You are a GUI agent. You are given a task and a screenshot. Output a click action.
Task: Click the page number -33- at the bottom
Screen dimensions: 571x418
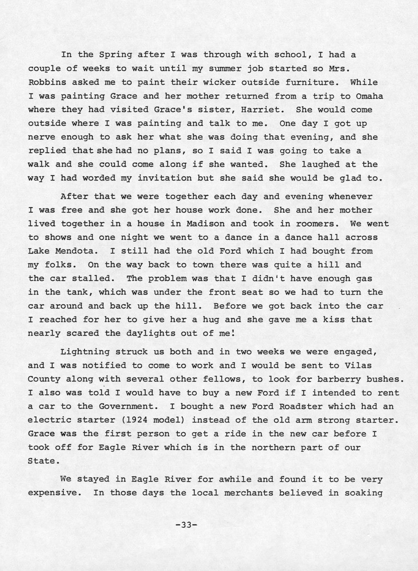tap(187, 525)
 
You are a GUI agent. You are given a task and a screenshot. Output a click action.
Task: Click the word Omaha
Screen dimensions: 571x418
tap(369, 96)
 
